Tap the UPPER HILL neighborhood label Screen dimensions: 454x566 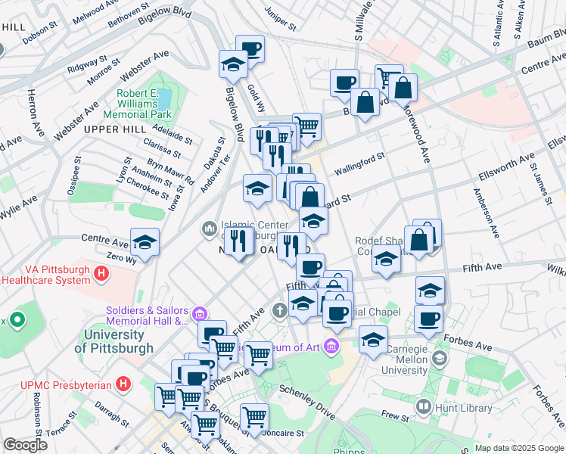point(114,130)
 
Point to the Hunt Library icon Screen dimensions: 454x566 point(423,407)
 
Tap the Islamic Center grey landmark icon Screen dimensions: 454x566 point(209,228)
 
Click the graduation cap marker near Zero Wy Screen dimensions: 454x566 point(145,244)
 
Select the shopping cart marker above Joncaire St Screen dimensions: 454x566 point(254,417)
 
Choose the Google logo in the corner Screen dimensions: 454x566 point(24,445)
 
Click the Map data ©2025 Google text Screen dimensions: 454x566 point(518,448)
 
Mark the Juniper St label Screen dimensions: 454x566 point(280,19)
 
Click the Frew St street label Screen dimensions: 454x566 point(395,415)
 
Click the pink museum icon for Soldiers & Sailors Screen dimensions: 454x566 point(199,314)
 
